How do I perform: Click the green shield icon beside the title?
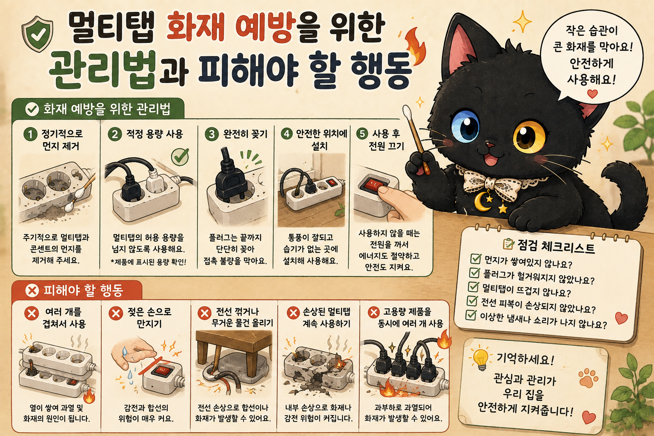click(x=37, y=34)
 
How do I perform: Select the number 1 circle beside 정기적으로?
click(x=30, y=134)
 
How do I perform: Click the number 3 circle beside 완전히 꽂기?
click(x=212, y=134)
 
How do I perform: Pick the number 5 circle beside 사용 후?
click(x=362, y=133)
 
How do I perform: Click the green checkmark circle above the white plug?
click(x=180, y=157)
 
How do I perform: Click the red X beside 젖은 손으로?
click(x=116, y=313)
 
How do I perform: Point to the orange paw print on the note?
click(x=588, y=378)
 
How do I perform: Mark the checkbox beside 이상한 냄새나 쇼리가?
click(x=470, y=315)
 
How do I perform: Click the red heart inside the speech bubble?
click(x=592, y=94)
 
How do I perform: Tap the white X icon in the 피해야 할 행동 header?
click(x=32, y=290)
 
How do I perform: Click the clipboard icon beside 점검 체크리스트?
click(x=508, y=244)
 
